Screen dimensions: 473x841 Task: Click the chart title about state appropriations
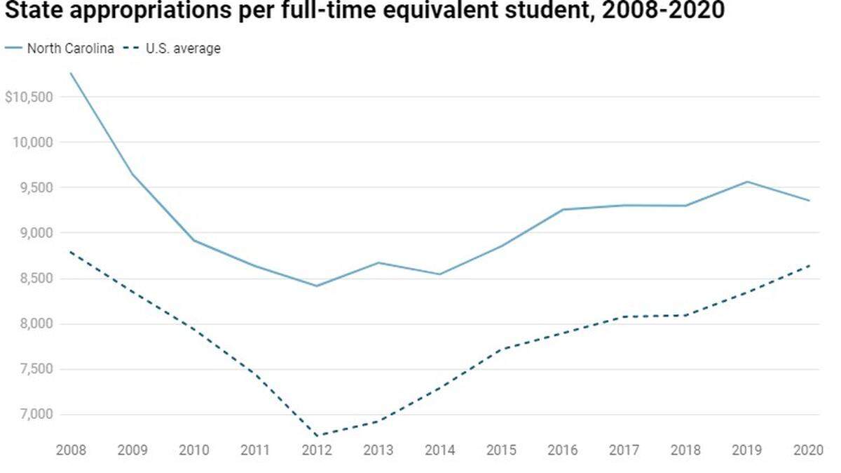coord(364,12)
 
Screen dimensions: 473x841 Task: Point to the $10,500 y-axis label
coord(29,97)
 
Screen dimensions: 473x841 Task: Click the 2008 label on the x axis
coord(70,449)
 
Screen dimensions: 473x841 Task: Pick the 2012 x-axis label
coord(316,449)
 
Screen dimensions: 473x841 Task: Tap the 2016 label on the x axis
coord(563,449)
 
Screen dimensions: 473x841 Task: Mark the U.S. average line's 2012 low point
coord(316,436)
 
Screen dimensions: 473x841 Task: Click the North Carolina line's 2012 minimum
coord(316,286)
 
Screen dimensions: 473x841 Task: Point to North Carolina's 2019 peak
coord(747,182)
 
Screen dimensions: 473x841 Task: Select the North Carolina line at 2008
coord(70,73)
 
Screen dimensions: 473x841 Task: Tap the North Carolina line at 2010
coord(193,241)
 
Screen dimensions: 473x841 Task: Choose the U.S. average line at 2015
coord(501,349)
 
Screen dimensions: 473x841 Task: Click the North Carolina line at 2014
coord(439,274)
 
